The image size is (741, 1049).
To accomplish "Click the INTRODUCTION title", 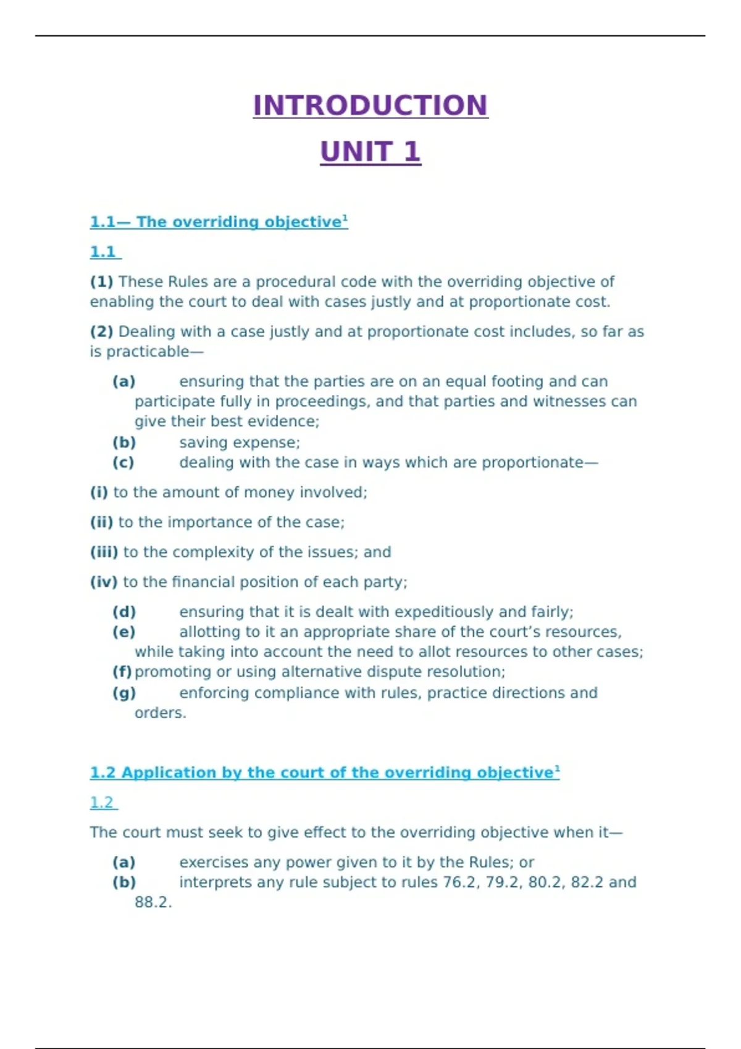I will pos(371,106).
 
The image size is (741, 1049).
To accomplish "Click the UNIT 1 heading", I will pos(371,152).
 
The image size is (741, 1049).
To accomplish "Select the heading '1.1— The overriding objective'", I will pos(219,222).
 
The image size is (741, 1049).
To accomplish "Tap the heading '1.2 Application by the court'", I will pos(324,773).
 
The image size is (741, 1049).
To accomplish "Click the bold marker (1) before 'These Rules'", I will pos(101,282).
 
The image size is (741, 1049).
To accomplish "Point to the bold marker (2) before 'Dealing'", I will pos(101,332).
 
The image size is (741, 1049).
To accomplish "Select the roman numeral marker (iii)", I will pos(104,552).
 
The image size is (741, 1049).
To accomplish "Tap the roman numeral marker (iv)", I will pos(104,582).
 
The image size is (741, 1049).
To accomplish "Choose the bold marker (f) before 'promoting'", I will pos(122,672).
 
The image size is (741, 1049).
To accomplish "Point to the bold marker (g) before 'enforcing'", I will pos(124,693).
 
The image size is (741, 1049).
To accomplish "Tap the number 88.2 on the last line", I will pos(153,903).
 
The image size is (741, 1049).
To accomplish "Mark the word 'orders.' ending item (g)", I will pos(160,713).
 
